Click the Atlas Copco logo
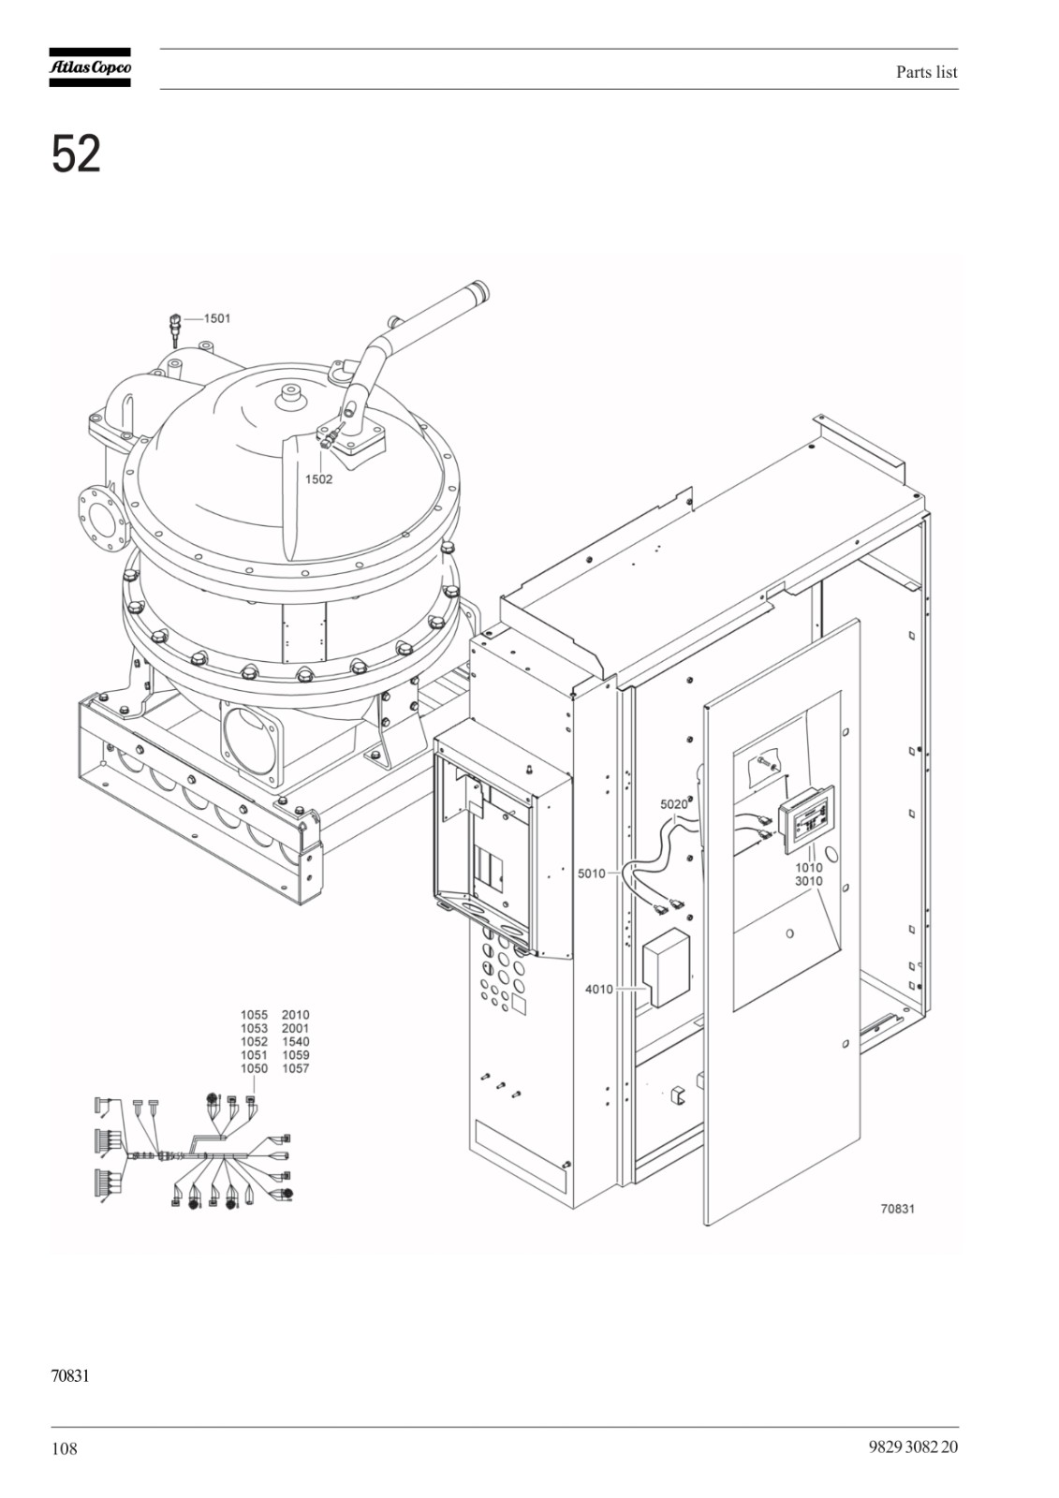point(90,67)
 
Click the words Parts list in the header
point(927,72)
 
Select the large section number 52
point(76,154)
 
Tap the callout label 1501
point(216,318)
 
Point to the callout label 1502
point(318,479)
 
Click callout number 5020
point(673,804)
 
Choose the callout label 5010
point(592,874)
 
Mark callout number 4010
point(598,989)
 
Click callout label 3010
point(809,881)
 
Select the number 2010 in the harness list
point(296,1015)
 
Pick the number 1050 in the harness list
point(254,1068)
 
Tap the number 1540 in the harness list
point(296,1042)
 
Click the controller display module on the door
point(805,827)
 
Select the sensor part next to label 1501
point(175,330)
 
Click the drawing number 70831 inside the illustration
point(898,1209)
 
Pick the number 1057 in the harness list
point(296,1068)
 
